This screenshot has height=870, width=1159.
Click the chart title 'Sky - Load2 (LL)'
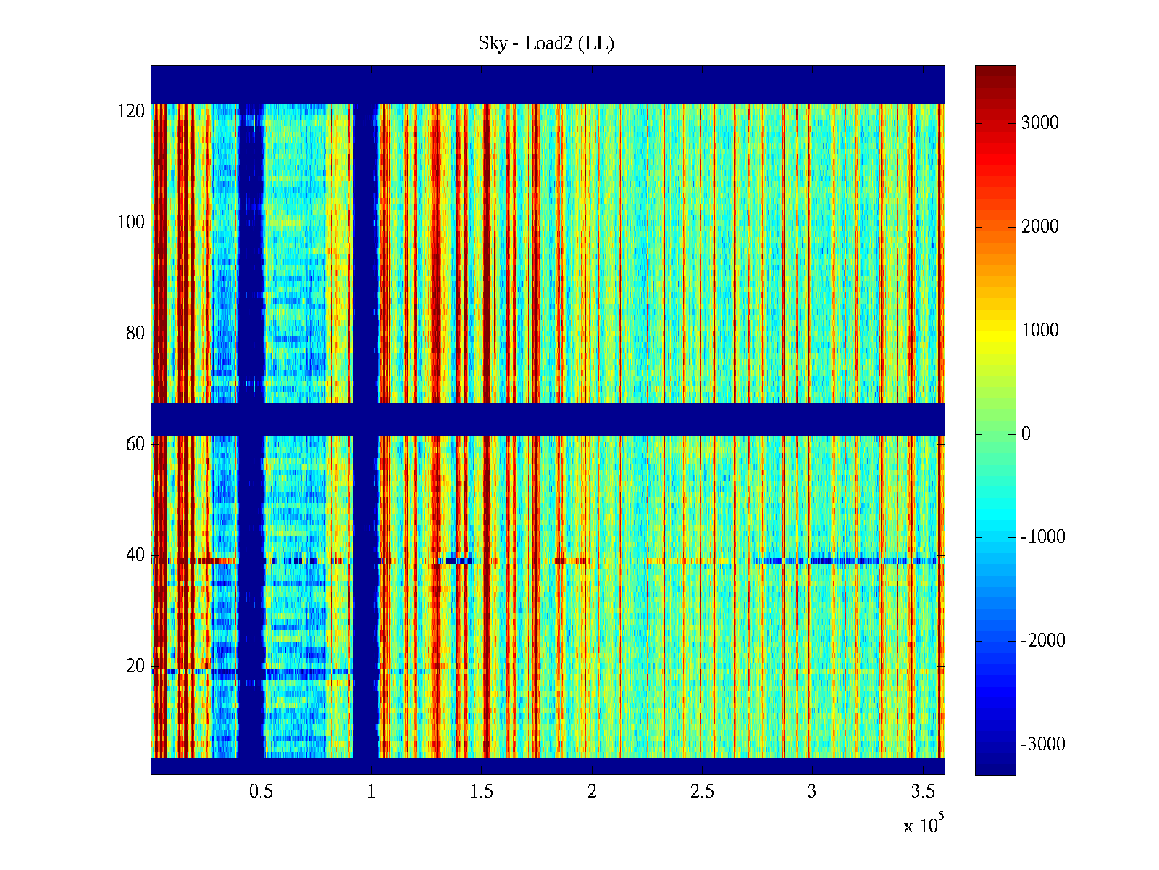coord(546,43)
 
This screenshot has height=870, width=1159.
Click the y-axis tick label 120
coord(131,112)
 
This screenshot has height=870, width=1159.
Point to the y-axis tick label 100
coord(131,223)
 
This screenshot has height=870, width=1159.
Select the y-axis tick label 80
coord(135,333)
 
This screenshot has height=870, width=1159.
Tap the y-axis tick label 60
coord(135,444)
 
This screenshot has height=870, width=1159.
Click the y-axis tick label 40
coord(135,555)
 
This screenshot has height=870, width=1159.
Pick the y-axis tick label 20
coord(135,666)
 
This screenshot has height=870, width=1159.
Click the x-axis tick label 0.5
coord(261,792)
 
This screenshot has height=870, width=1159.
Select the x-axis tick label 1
coord(372,792)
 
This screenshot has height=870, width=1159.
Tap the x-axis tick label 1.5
coord(482,792)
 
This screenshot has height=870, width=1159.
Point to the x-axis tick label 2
coord(592,792)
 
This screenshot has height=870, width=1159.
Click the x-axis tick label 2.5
coord(702,792)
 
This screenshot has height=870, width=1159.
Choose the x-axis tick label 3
coord(812,792)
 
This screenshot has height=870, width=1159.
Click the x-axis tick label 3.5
coord(922,792)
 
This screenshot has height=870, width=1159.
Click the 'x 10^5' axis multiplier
coord(924,825)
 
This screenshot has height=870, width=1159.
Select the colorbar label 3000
coord(1040,123)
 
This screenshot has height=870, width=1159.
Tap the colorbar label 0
coord(1026,434)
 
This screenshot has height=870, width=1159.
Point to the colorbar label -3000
coord(1043,745)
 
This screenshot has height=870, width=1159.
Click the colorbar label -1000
coord(1043,537)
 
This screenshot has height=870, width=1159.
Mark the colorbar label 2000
coord(1040,227)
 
